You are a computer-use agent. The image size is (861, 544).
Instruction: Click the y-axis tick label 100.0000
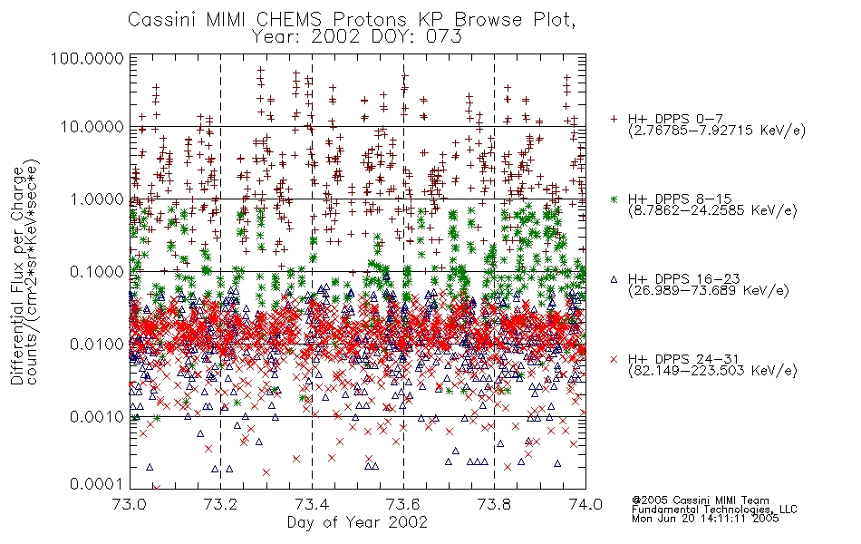[87, 58]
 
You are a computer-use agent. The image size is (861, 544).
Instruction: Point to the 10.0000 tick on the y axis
[92, 127]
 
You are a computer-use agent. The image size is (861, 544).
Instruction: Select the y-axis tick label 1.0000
[97, 199]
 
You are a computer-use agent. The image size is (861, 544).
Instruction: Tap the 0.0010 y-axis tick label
[97, 417]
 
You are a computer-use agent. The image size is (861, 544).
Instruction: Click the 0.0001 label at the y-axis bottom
[97, 484]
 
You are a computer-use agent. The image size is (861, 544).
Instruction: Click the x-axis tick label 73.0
[131, 504]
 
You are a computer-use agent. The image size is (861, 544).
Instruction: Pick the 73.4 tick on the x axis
[312, 504]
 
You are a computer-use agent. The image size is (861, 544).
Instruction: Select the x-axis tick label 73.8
[494, 504]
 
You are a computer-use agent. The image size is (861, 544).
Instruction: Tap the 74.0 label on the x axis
[585, 504]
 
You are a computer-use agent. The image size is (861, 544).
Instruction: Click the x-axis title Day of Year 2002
[357, 522]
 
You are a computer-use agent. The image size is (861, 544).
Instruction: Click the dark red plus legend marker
[614, 119]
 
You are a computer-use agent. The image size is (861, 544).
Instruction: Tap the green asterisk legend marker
[614, 199]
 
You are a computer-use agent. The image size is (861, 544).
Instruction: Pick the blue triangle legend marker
[614, 279]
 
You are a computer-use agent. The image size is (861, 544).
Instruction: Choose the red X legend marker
[614, 359]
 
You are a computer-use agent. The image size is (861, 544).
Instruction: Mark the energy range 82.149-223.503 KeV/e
[712, 371]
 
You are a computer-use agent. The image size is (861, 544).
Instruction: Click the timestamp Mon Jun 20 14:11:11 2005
[705, 519]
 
